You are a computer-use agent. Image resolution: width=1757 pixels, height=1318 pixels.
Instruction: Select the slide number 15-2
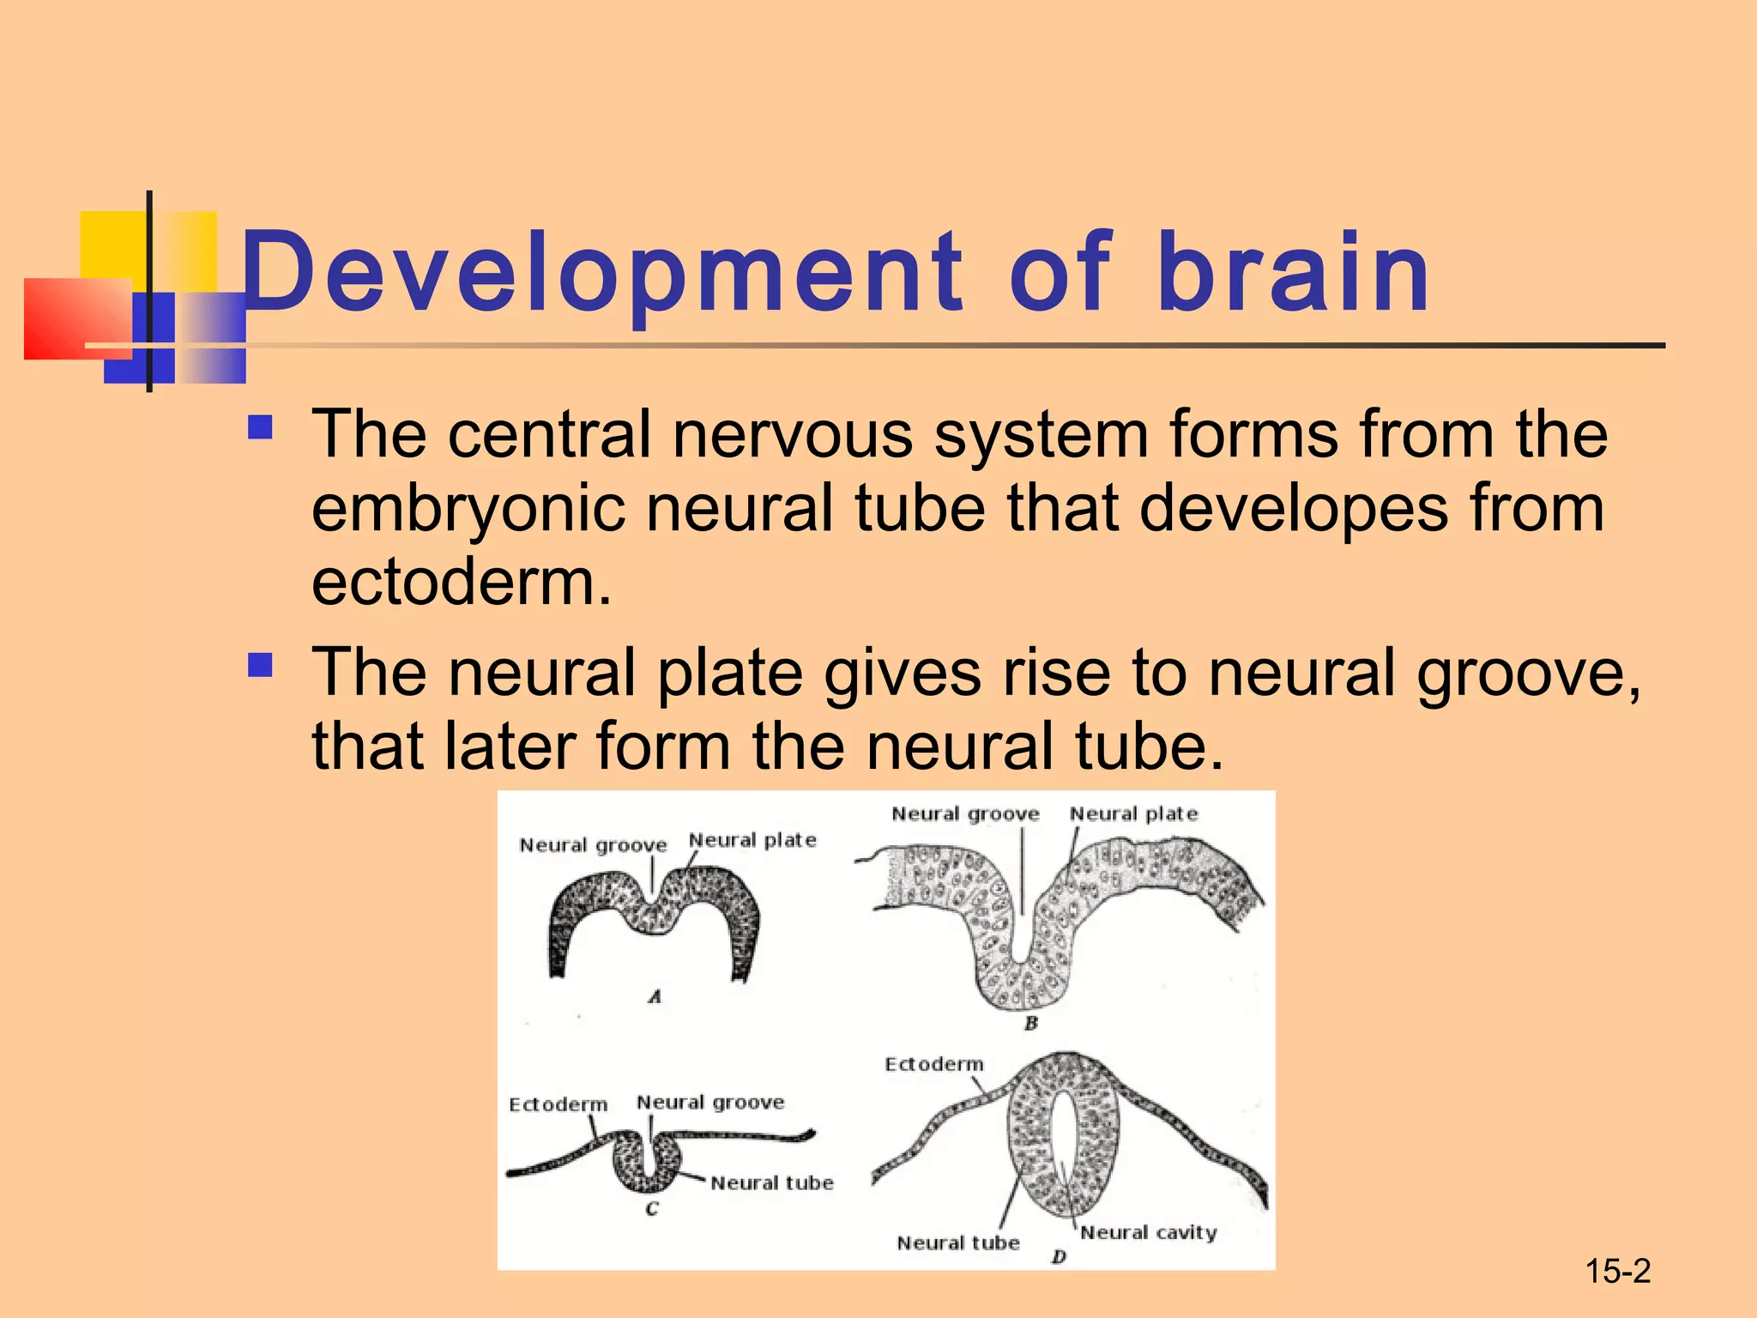1617,1271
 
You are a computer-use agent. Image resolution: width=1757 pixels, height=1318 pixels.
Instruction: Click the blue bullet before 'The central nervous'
259,427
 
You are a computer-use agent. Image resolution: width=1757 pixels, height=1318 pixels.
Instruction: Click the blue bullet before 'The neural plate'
259,665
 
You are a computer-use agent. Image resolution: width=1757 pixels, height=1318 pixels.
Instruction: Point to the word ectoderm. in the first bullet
462,582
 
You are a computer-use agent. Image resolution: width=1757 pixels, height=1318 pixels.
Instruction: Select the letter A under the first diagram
655,997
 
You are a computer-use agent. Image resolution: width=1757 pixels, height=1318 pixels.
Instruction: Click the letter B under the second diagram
1031,1024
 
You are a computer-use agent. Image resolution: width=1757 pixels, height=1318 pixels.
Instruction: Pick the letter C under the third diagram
652,1209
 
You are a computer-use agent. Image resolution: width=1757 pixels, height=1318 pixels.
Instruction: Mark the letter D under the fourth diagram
1060,1257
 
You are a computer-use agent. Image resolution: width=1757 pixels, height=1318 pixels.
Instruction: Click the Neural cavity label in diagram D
1148,1233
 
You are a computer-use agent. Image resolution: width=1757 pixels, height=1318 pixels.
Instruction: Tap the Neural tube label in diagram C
772,1183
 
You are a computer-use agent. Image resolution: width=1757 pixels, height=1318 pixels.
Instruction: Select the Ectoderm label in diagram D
933,1065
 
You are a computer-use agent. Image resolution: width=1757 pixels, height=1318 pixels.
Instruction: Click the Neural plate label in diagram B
1133,813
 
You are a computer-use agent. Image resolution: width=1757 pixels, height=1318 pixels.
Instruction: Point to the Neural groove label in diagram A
593,845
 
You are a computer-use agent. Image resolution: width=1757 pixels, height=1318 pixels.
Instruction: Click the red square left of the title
73,317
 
